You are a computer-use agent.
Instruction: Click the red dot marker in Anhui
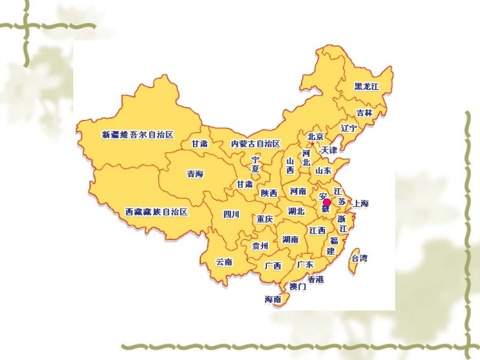coord(327,202)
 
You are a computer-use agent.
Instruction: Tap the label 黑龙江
coord(366,86)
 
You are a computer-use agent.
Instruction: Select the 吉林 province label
coord(364,113)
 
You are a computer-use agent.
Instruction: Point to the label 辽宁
coord(349,128)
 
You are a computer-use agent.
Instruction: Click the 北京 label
coord(316,136)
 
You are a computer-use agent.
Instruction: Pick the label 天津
coord(329,150)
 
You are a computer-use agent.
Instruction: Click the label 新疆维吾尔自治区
coord(138,135)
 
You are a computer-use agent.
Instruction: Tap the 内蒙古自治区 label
coord(256,144)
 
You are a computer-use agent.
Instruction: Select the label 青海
coord(195,174)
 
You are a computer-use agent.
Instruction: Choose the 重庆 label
coord(265,219)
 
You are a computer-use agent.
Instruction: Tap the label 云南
coord(224,262)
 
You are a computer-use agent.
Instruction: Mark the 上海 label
coord(361,203)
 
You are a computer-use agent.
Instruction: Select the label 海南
coord(273,299)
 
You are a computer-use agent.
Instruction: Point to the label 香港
coord(316,279)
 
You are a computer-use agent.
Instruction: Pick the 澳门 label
coord(298,287)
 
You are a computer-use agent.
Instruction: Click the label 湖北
coord(296,211)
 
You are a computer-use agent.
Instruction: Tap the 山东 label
coord(323,171)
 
